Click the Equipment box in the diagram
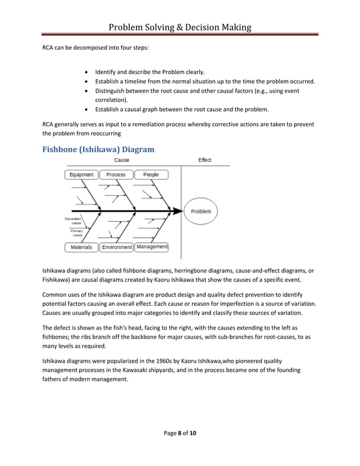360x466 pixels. click(81, 175)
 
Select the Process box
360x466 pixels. click(116, 175)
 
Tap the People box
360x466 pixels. click(151, 175)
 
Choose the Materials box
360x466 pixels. click(81, 247)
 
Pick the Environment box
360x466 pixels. click(116, 247)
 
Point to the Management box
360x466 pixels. click(152, 247)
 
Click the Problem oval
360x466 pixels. click(201, 212)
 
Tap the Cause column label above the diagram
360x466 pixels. click(121, 160)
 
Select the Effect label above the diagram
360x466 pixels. click(205, 160)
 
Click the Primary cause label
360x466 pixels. click(76, 233)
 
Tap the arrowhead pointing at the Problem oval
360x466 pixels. click(178, 212)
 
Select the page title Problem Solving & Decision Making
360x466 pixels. click(179, 28)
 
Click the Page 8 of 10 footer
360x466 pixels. click(179, 433)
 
